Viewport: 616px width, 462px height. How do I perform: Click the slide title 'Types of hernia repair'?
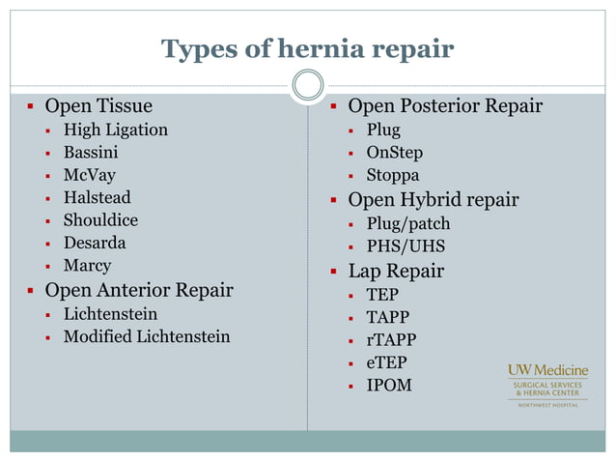point(307,48)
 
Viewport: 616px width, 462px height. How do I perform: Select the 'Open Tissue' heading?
point(98,105)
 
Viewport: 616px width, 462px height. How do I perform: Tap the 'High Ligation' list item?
point(115,130)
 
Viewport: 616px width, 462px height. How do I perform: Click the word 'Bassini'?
point(91,152)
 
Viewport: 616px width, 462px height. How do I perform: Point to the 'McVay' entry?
point(89,175)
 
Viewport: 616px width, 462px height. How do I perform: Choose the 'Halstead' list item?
point(97,197)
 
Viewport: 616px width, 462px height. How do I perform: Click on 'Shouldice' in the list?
point(100,220)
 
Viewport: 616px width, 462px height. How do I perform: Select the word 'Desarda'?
point(95,243)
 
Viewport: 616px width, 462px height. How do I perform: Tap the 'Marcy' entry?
point(87,265)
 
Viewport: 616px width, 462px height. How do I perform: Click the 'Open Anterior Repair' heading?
point(139,290)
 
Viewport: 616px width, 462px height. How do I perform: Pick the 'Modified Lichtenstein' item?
point(147,336)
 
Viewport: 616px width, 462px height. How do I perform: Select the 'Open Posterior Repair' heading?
point(445,105)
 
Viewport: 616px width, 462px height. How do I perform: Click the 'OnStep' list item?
point(394,153)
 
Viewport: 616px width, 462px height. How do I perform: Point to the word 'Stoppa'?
point(392,176)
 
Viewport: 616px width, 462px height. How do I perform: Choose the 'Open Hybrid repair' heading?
point(433,200)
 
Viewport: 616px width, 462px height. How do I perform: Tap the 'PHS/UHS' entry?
point(406,246)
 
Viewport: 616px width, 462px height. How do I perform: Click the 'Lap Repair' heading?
point(396,271)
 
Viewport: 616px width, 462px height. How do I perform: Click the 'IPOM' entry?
point(389,385)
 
